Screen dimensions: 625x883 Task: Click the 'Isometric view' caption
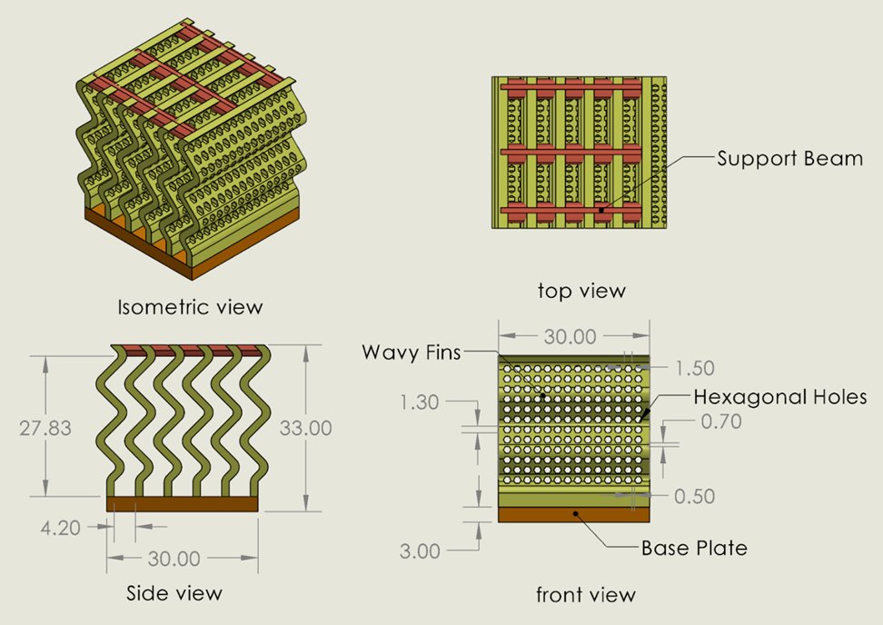pos(190,307)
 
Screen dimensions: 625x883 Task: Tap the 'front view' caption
pos(586,595)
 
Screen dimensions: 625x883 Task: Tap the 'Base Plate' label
pos(694,548)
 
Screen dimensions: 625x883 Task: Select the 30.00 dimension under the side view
pos(181,557)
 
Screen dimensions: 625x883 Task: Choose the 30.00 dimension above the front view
pos(570,337)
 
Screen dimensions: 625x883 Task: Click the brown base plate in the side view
pos(183,503)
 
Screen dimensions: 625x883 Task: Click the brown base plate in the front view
pos(574,514)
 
